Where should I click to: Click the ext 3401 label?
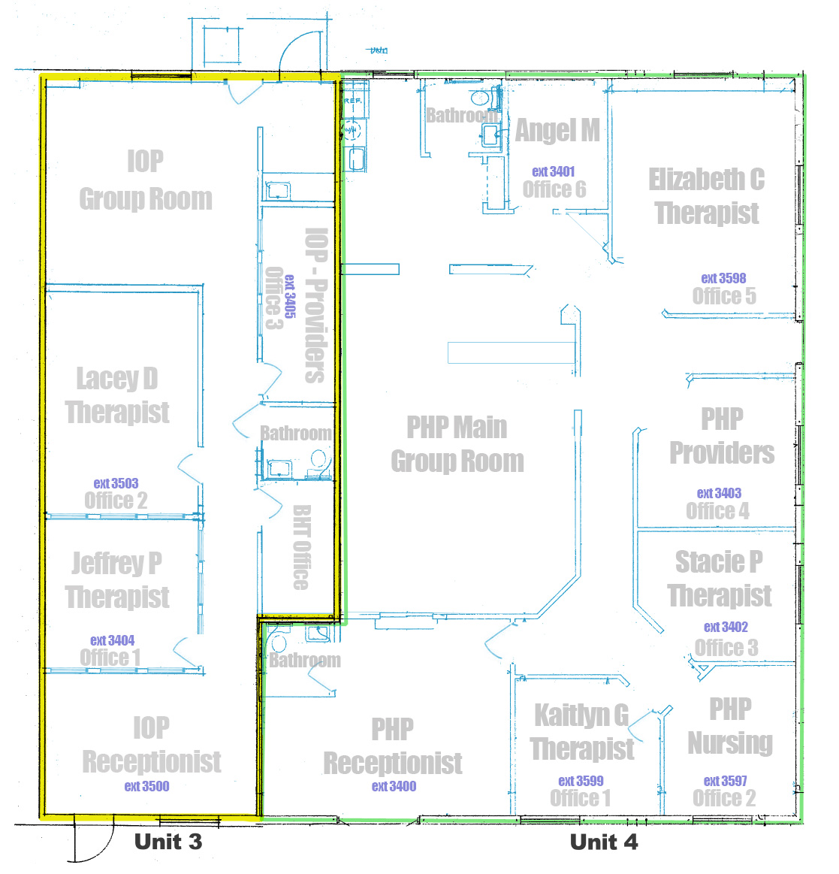tap(554, 171)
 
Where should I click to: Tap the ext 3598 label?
tap(723, 278)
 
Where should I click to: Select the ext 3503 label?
tap(116, 483)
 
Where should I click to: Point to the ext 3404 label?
tap(113, 640)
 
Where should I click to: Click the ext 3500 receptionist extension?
tap(147, 786)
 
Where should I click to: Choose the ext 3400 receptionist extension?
tap(394, 786)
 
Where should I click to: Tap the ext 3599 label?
tap(581, 781)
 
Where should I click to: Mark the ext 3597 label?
tap(726, 781)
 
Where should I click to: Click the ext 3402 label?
tap(726, 627)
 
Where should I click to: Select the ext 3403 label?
tap(720, 493)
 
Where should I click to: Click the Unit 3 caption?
tap(168, 842)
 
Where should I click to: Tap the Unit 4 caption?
tap(605, 842)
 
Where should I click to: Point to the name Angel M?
tap(557, 131)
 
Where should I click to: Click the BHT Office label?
tap(301, 547)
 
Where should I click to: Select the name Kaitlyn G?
tap(581, 715)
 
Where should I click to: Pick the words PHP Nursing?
tap(730, 727)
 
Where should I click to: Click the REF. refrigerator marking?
tap(352, 101)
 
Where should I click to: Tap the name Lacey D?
tap(117, 379)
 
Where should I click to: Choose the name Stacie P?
tap(720, 562)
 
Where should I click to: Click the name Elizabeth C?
tap(706, 180)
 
